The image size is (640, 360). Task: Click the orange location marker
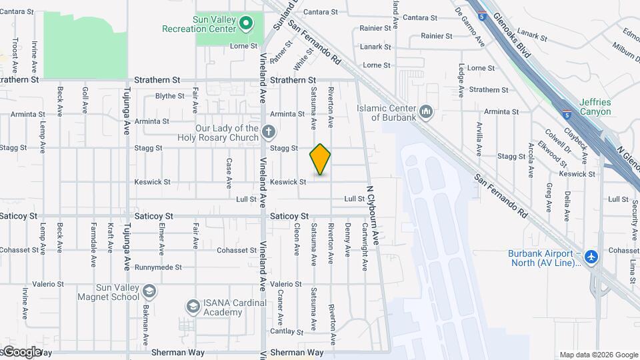point(320,159)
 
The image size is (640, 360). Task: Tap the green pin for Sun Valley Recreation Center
point(245,24)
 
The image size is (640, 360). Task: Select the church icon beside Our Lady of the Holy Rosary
point(268,131)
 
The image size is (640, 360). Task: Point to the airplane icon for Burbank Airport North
point(591,257)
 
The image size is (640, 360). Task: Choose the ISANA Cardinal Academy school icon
point(193,306)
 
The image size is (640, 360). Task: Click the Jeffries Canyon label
point(595,107)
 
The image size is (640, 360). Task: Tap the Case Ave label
point(229,171)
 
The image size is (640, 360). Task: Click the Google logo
point(22,351)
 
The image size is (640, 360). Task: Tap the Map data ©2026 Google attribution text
point(598,355)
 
